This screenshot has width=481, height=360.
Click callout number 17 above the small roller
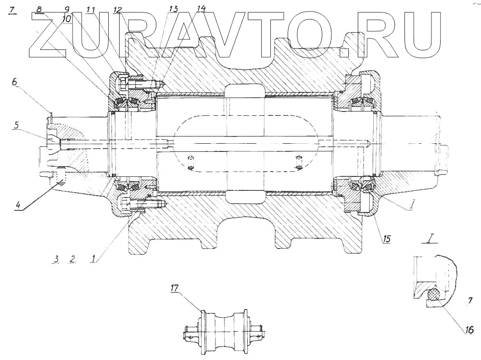coord(175,288)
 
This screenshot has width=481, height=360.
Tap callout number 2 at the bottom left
coord(73,259)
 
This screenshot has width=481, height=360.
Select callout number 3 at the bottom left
coord(56,259)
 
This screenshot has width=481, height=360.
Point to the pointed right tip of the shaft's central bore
coord(368,143)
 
